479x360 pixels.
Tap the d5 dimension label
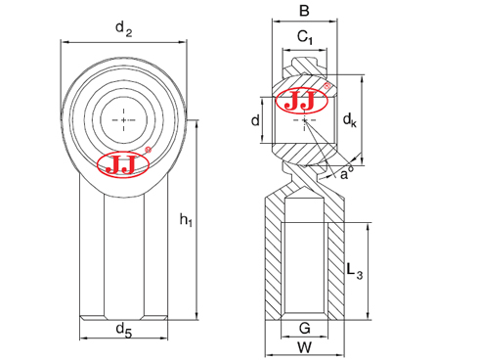pos(123,330)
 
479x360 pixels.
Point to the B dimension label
pos(304,13)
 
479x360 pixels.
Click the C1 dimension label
pos(305,38)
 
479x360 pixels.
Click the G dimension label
pos(304,329)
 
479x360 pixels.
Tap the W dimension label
pos(304,346)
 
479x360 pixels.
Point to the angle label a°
pos(347,173)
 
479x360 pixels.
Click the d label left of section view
pos(255,120)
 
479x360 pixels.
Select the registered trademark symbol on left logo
pos(148,151)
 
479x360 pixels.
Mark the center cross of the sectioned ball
pos(305,120)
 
